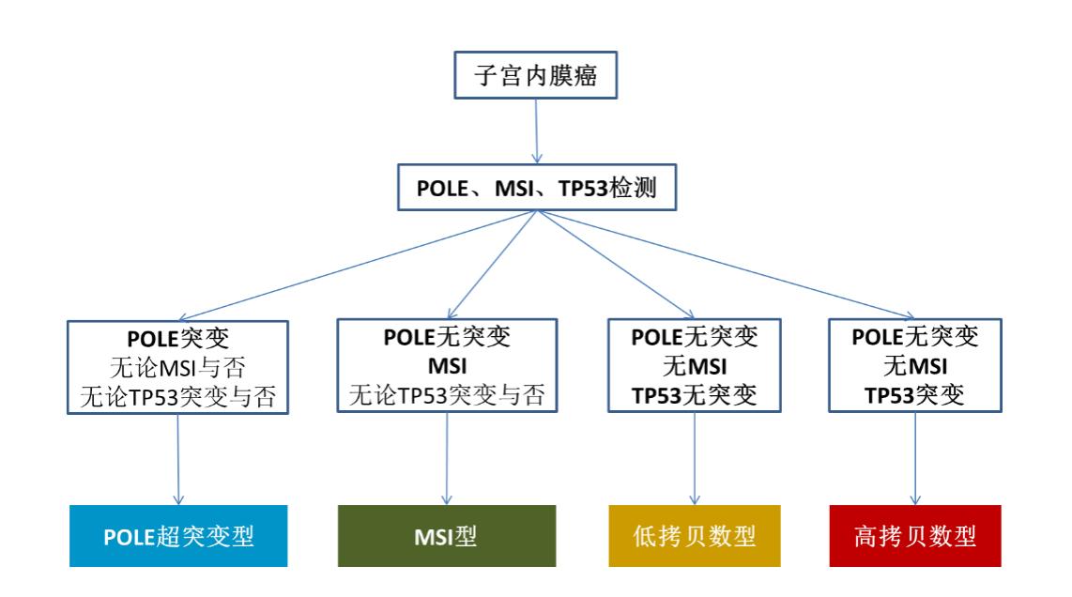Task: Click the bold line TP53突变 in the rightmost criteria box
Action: coord(916,394)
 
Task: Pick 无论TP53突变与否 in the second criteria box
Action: coord(446,394)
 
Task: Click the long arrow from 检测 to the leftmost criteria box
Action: coord(357,267)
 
